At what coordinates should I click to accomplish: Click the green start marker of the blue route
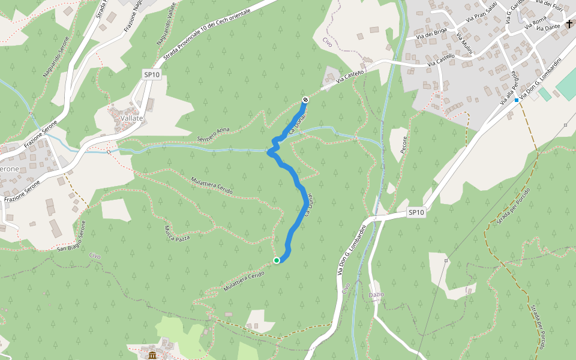[x=277, y=260]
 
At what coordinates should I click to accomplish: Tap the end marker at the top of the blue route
[x=305, y=100]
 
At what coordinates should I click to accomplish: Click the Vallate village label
[x=132, y=118]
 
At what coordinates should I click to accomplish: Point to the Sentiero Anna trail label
[x=214, y=134]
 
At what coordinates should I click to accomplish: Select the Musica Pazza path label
[x=177, y=233]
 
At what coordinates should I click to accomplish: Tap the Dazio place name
[x=376, y=294]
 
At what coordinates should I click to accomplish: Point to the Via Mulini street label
[x=464, y=44]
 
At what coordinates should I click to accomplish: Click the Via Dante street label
[x=549, y=27]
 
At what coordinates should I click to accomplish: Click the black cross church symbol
[x=569, y=23]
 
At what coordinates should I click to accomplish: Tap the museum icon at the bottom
[x=152, y=356]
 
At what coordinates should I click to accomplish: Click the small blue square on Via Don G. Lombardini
[x=516, y=100]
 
